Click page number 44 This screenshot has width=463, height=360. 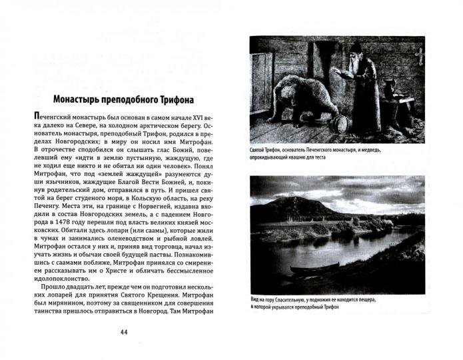(x=124, y=333)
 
